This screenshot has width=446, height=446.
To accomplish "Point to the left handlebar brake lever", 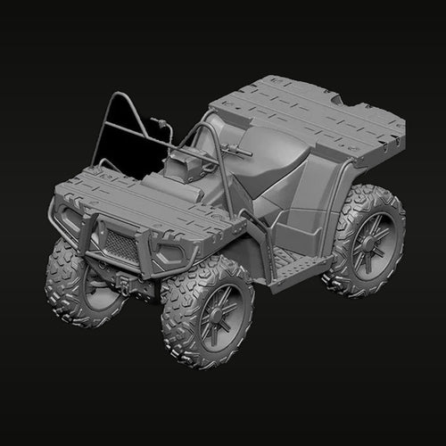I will pos(161,120).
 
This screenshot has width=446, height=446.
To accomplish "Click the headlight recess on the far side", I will pos(64,214).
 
